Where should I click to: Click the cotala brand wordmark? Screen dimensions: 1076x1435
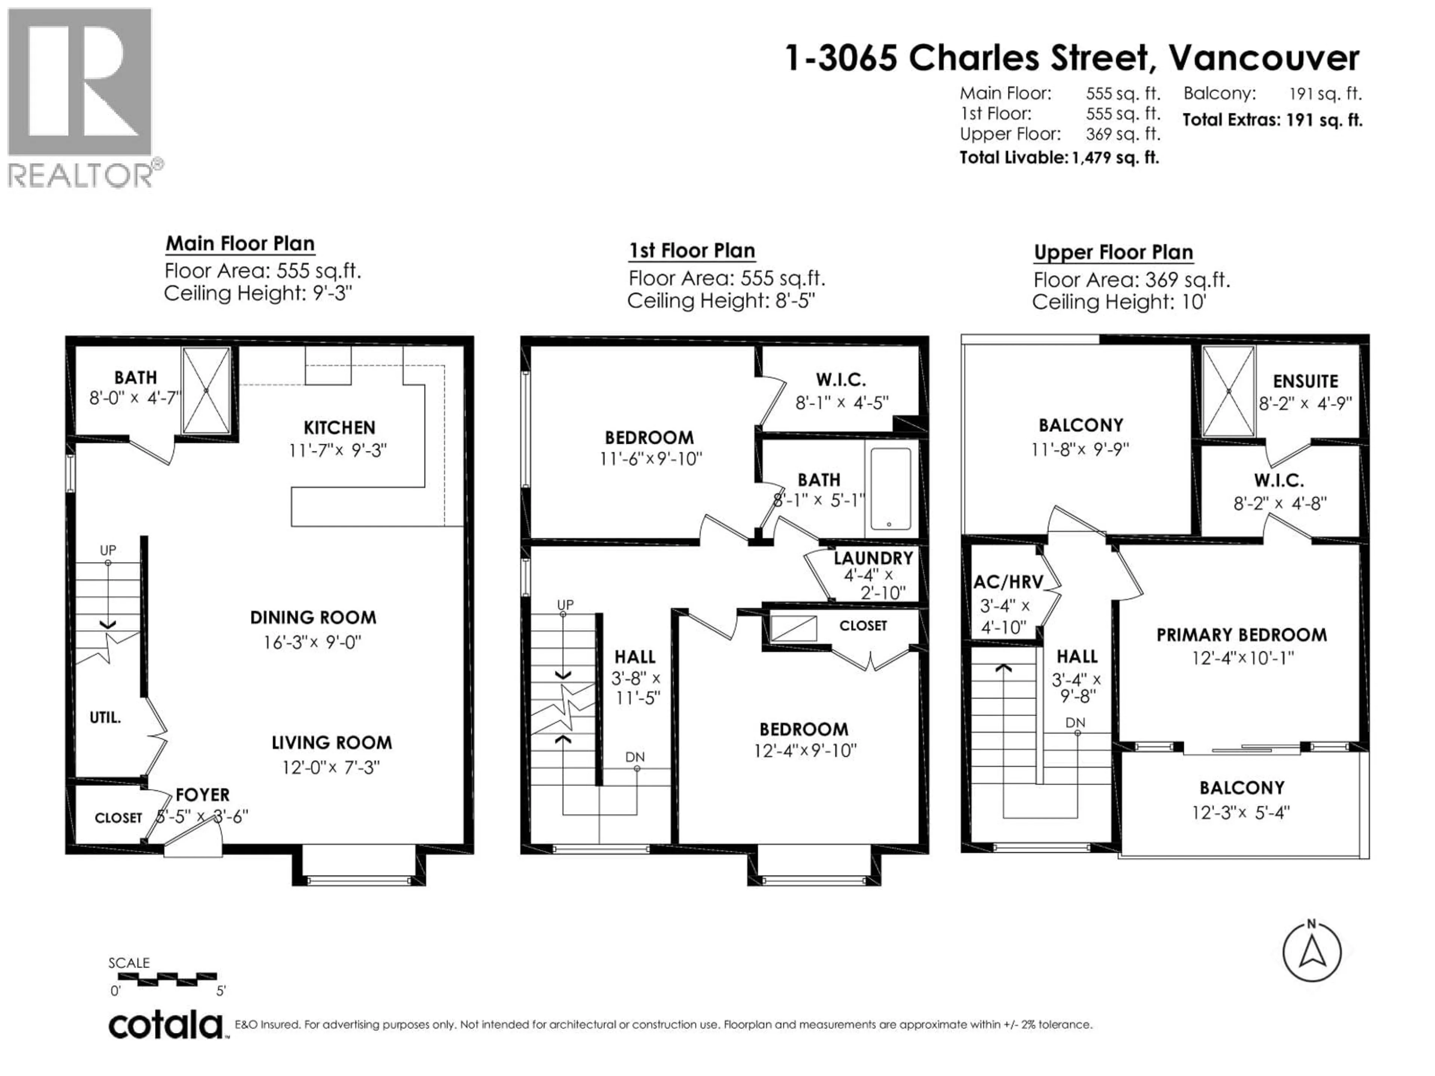(166, 1026)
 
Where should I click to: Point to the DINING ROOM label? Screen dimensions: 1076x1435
(313, 618)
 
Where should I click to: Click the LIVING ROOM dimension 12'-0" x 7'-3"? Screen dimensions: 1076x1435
(331, 767)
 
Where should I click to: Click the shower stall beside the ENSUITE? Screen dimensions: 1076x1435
(1228, 391)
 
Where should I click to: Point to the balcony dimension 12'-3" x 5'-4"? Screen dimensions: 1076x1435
(1240, 813)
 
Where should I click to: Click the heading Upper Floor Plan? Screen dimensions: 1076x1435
(1113, 252)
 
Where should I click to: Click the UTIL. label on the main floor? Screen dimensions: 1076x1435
(105, 717)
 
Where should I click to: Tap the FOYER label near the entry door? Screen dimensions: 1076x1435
(203, 795)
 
